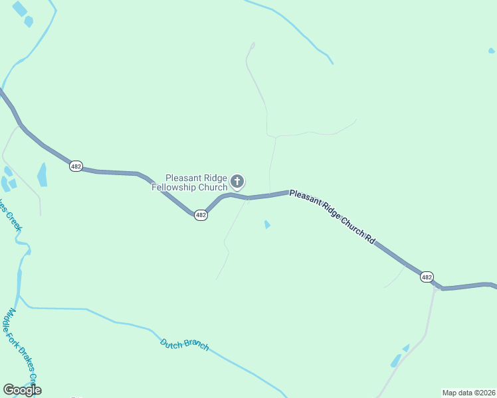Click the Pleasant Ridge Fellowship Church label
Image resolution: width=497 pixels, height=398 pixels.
196,182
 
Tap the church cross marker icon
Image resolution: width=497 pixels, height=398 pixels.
237,181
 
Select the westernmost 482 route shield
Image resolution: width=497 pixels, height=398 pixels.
76,166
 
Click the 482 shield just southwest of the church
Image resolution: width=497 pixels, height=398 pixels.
201,215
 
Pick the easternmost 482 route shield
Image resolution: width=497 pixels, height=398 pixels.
427,277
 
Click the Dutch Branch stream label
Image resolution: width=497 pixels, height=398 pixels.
185,344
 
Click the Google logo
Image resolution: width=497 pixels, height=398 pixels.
22,390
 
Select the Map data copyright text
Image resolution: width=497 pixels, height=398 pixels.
468,392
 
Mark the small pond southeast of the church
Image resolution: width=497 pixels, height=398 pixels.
267,225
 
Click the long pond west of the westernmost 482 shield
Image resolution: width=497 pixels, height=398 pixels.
43,174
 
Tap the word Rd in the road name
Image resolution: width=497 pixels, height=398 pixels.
369,240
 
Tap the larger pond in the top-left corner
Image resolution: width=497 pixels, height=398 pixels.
19,9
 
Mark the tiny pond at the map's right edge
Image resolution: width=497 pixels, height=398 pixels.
492,50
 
